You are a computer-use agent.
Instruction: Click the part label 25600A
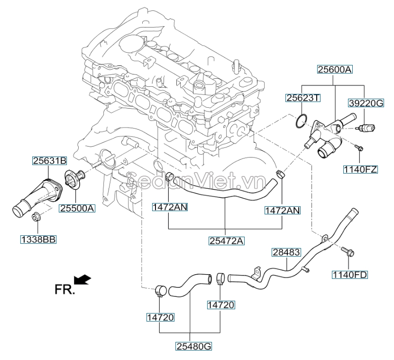[x=335, y=70]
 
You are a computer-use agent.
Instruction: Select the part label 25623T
[x=303, y=98]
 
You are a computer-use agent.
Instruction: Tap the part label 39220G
[x=365, y=102]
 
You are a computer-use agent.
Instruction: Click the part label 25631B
[x=49, y=161]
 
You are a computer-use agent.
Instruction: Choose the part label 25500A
[x=77, y=208]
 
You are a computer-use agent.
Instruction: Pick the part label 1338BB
[x=38, y=240]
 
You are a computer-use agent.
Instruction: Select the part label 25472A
[x=226, y=241]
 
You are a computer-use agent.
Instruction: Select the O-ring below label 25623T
[x=300, y=122]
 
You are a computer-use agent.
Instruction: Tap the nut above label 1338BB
[x=37, y=218]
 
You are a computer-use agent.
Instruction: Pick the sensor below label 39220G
[x=367, y=127]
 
